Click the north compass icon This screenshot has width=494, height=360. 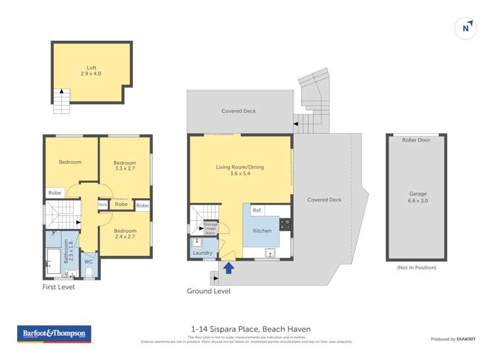(x=466, y=28)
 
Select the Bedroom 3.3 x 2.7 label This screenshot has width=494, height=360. (x=124, y=166)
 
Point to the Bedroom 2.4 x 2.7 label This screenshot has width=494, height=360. (x=124, y=234)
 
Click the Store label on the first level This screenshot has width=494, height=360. (x=102, y=205)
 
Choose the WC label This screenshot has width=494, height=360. (x=89, y=261)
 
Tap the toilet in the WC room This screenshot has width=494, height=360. (x=89, y=272)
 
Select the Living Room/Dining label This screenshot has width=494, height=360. (x=240, y=170)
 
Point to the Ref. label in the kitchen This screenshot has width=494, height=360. (x=258, y=211)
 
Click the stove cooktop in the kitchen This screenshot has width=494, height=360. (x=285, y=224)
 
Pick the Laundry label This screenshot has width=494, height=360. (x=202, y=253)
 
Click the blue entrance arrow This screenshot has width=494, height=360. (x=229, y=268)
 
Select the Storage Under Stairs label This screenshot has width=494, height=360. (x=210, y=228)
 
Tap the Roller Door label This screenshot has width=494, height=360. (x=416, y=140)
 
